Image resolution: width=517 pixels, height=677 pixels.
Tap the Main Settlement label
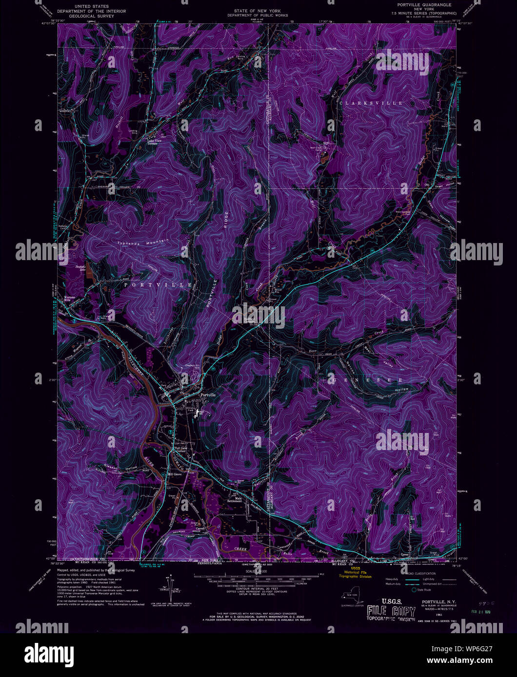click(x=235, y=500)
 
